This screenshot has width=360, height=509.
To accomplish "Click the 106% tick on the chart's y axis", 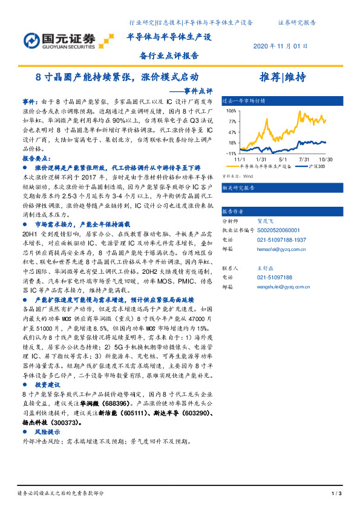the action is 232,111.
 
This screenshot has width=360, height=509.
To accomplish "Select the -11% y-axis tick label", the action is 232,154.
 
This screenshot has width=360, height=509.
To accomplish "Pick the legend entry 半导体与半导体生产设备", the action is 266,166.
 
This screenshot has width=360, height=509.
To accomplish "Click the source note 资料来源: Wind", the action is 237,177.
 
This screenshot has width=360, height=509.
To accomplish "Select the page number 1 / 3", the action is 338,494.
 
